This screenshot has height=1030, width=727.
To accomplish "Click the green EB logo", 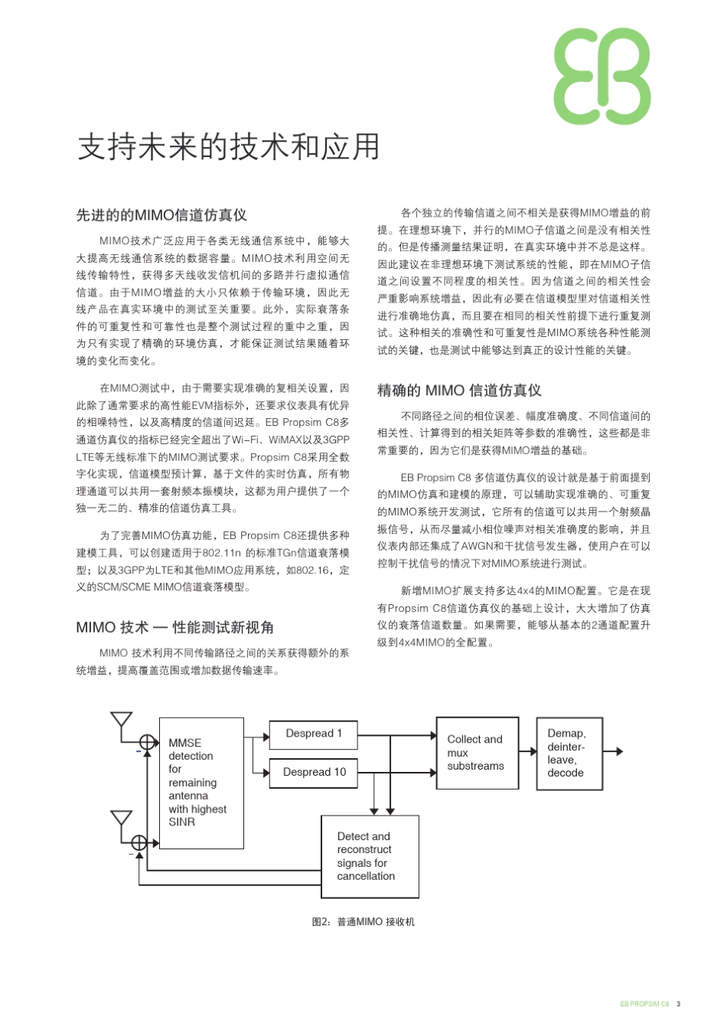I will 602,77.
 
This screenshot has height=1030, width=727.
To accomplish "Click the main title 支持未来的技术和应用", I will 229,147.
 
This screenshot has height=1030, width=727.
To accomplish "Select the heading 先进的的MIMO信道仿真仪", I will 161,215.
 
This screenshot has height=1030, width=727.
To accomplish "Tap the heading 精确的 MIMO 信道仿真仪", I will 459,391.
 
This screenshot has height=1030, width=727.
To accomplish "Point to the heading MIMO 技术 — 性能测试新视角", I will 174,627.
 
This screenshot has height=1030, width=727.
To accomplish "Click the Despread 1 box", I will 314,734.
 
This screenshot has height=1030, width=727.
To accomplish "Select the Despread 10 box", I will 314,772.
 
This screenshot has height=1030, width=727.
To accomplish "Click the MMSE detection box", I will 201,783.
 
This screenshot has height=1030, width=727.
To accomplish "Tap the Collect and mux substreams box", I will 477,753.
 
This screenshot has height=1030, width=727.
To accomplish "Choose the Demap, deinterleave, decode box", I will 569,753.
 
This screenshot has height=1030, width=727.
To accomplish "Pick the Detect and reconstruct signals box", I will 370,856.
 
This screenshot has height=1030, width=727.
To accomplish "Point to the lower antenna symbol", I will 122,821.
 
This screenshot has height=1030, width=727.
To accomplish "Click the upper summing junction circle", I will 148,741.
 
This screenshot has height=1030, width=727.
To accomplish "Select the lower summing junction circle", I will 139,842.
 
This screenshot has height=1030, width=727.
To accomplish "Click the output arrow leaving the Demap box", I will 614,751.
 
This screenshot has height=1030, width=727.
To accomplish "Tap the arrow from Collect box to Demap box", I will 528,751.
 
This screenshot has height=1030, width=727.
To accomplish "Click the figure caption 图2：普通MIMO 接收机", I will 363,921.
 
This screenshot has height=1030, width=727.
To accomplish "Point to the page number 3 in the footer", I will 679,1004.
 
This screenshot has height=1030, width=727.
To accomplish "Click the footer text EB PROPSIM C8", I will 644,1004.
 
